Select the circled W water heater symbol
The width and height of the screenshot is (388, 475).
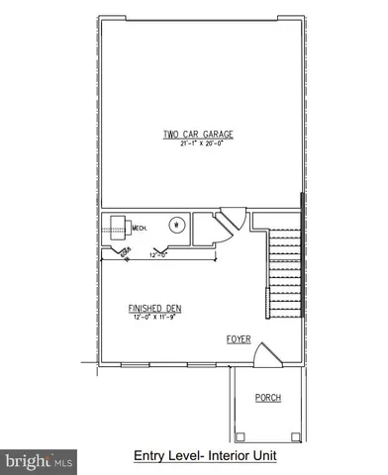coord(177,224)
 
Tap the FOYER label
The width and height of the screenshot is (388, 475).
coord(238,339)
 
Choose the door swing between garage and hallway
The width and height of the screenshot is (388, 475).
coord(232,221)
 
